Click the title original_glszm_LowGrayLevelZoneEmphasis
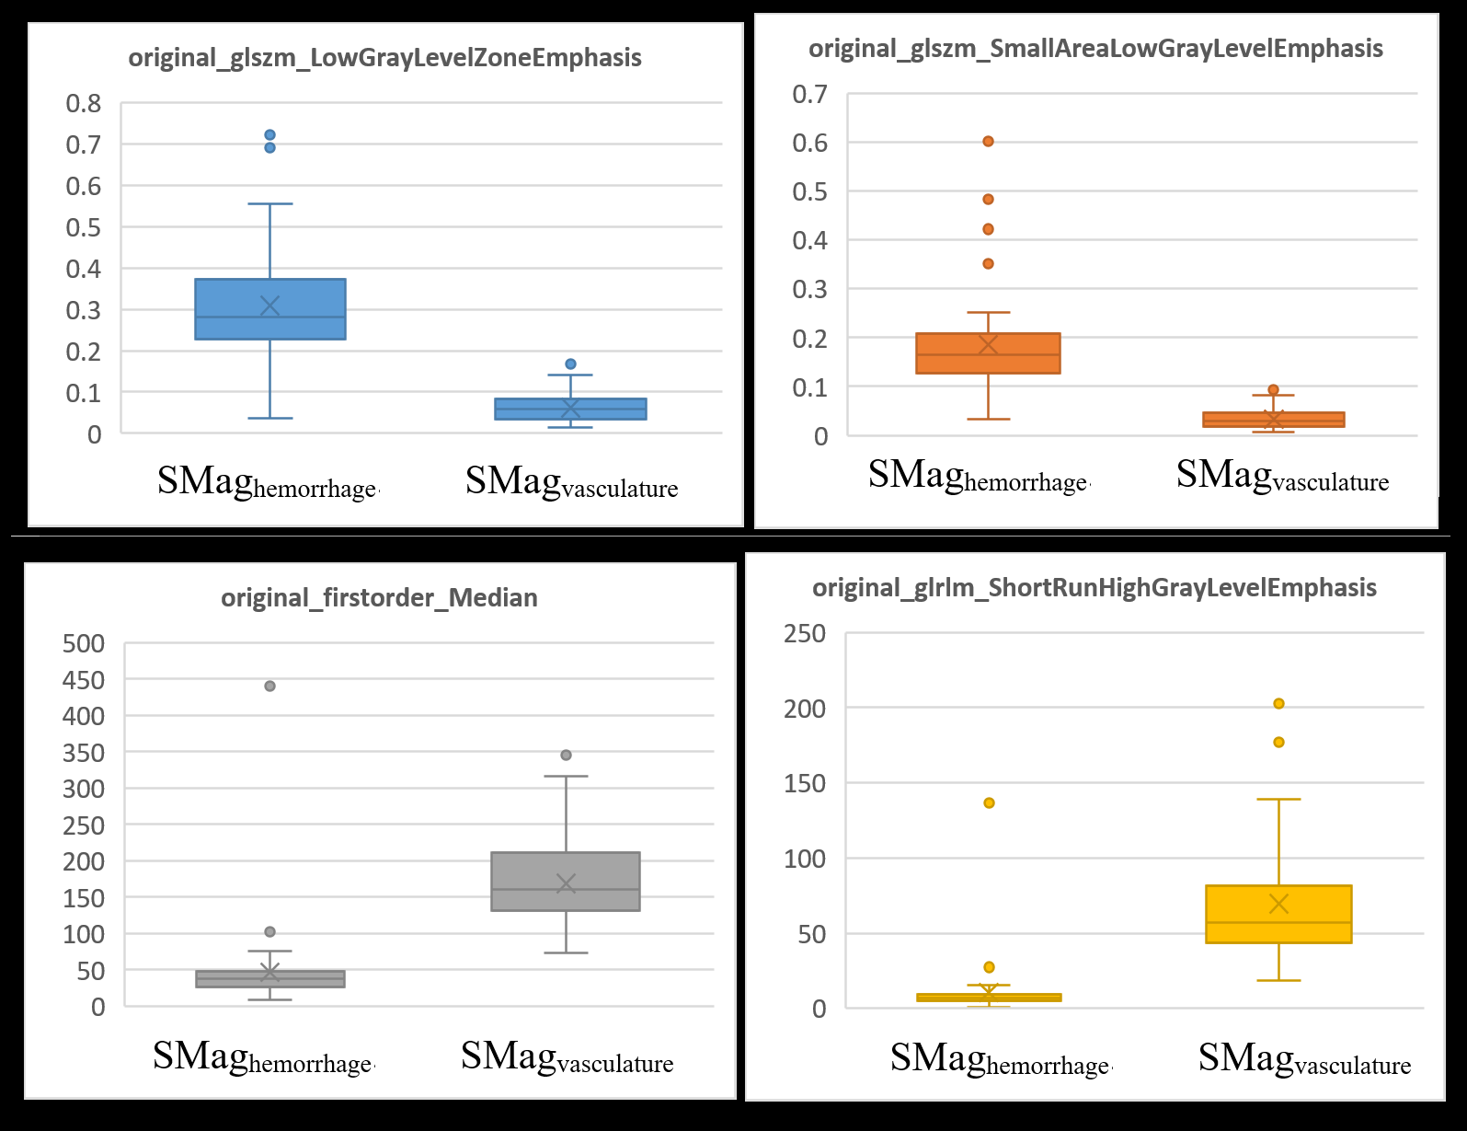(384, 58)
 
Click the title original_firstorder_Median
(379, 598)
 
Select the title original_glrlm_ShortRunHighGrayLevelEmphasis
(1094, 588)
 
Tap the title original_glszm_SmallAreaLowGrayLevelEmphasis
(1095, 49)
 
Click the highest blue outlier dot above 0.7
(269, 135)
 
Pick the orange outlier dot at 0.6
(988, 142)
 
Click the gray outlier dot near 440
(269, 686)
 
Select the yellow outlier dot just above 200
(1278, 704)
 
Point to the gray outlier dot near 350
(566, 755)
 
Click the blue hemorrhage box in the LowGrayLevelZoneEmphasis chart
(269, 309)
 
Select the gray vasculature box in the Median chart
(565, 881)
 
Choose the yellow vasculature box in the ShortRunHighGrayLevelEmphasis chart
(1278, 913)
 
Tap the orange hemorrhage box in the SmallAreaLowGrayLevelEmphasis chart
(988, 352)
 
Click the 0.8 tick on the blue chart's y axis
(84, 103)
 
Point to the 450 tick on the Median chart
(84, 680)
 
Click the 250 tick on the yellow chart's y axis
(805, 633)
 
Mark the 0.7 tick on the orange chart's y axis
(810, 94)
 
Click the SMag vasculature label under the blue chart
(571, 482)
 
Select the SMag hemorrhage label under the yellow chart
(1000, 1059)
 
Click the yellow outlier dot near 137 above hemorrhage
(989, 803)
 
